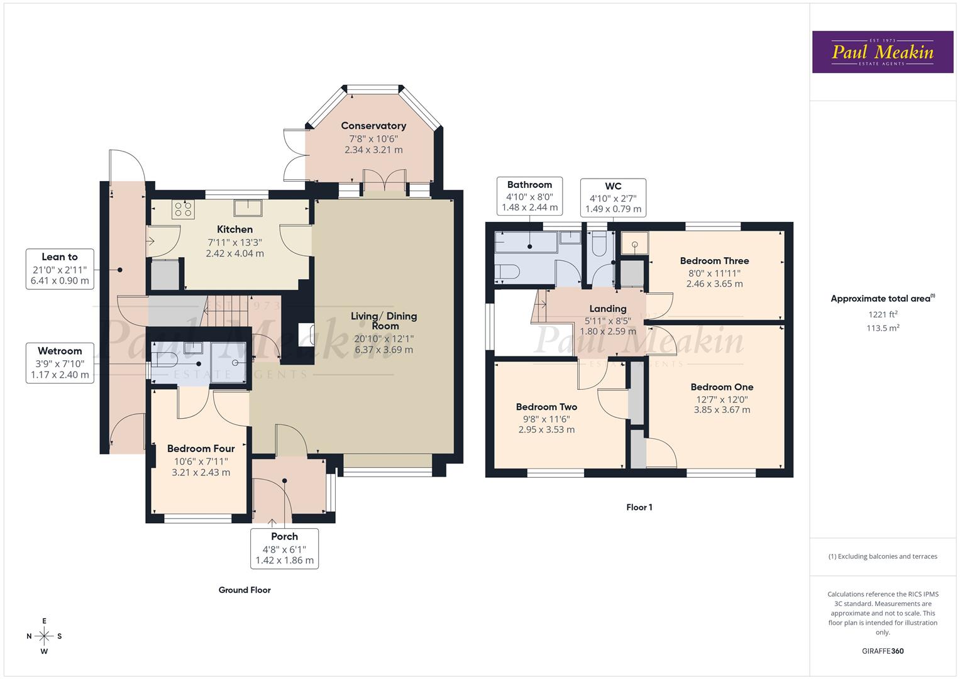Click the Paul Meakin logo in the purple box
(x=882, y=52)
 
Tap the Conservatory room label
(x=373, y=126)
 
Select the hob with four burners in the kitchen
(x=184, y=209)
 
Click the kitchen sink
(x=248, y=207)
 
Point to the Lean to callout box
(x=60, y=268)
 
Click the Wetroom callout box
(x=60, y=363)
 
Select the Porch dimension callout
(x=284, y=548)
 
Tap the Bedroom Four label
(x=201, y=448)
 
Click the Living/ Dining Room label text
(x=383, y=321)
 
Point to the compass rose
(x=44, y=636)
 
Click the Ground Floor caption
(x=245, y=590)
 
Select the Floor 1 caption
(x=639, y=507)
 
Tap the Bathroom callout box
(x=529, y=196)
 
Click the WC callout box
(x=613, y=197)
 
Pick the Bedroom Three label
(x=714, y=260)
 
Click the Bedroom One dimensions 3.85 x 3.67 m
(x=722, y=410)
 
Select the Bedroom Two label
(x=546, y=407)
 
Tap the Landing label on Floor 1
(x=607, y=309)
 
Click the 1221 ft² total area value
(x=883, y=314)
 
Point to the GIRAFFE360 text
(x=883, y=651)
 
